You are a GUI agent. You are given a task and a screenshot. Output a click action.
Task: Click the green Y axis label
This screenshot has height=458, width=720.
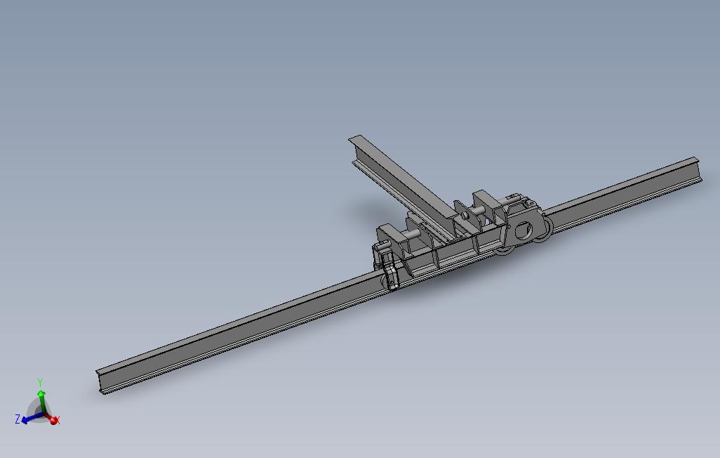pos(40,383)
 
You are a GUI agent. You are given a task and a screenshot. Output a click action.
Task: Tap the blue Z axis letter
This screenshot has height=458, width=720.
pos(18,419)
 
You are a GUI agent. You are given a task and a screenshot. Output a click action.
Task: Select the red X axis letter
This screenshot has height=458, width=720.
pos(58,420)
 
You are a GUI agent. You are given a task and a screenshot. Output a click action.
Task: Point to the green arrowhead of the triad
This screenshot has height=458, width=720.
pos(41,393)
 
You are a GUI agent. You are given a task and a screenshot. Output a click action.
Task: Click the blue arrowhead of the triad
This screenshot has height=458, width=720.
pos(25,420)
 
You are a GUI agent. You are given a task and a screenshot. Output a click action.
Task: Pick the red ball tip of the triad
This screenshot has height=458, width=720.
pos(54,420)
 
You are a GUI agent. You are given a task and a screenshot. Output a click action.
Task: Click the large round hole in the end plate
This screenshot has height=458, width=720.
pos(523,230)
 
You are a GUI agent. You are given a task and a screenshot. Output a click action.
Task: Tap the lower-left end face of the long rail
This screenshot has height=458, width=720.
pos(101,382)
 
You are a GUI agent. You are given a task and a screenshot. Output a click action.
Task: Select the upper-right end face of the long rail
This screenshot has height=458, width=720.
pos(698,170)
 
